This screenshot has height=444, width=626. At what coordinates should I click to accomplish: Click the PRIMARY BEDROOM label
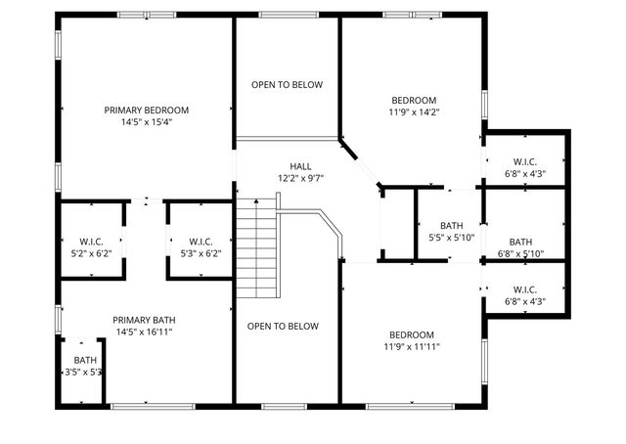tap(147, 111)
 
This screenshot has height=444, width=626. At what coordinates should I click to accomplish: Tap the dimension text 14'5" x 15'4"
tap(147, 123)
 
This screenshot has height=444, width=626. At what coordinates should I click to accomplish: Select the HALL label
tap(300, 166)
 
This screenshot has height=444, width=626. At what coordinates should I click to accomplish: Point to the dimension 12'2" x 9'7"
tap(300, 179)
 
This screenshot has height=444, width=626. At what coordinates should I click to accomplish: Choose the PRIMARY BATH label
tap(144, 320)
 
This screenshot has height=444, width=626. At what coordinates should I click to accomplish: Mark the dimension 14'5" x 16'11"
tap(144, 333)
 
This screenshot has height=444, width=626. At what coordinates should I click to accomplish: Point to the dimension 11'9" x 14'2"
tap(414, 112)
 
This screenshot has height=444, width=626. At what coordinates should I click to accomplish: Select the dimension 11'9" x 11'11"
tap(412, 346)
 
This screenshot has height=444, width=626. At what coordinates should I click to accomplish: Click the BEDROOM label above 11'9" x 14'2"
tap(414, 100)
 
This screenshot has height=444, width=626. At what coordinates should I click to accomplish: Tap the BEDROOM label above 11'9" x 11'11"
tap(412, 333)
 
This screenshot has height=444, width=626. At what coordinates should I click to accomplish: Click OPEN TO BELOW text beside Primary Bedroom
tap(287, 85)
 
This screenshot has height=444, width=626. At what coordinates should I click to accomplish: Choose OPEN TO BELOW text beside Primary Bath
tap(283, 327)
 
